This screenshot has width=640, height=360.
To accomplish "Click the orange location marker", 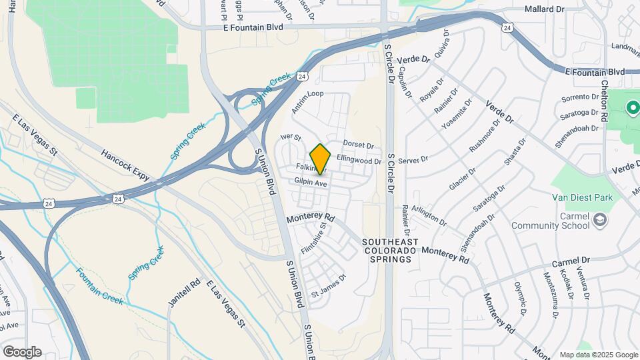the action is point(320,159).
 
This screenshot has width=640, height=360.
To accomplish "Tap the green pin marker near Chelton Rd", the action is point(631,107).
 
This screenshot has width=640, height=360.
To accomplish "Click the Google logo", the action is point(22,352).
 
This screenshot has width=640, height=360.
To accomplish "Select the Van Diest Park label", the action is point(582,197).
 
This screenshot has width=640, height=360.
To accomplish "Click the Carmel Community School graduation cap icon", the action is point(601,219).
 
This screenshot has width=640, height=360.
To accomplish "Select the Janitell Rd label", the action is point(175,293).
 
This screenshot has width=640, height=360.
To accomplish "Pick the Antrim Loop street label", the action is point(307,94).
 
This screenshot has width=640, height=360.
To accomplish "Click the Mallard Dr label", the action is point(544,9).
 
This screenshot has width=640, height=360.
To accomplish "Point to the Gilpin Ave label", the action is point(309,182).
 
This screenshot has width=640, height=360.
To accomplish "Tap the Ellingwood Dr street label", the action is point(359,160).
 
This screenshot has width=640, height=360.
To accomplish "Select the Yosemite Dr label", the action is point(457,114).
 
